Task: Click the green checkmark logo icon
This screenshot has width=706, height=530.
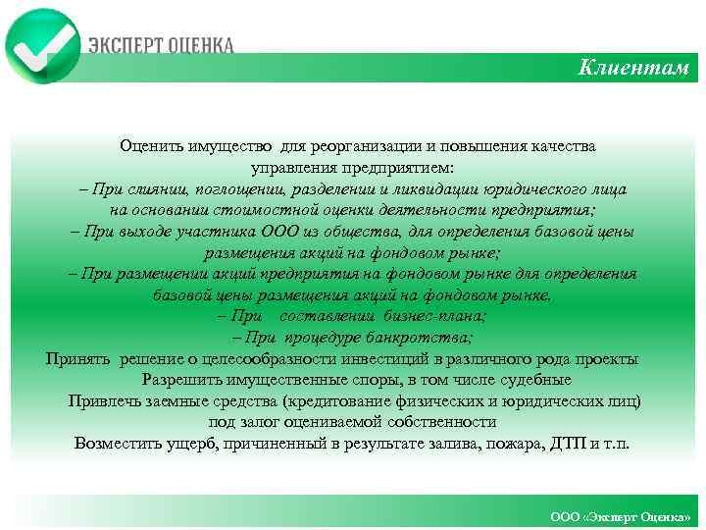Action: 42,43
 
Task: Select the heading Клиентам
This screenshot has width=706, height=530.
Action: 633,68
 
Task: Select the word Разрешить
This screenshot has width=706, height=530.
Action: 176,379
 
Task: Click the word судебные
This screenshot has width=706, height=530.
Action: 534,379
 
